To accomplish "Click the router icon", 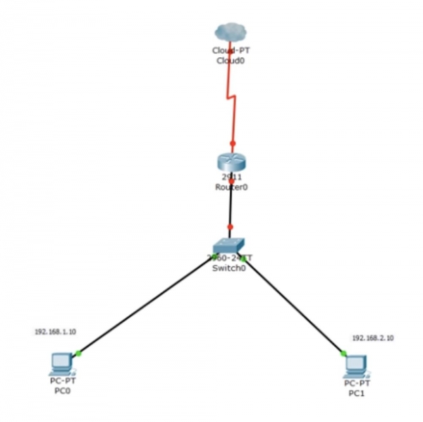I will tap(231, 161).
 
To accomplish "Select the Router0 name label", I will tap(231, 187).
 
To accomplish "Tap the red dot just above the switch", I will tap(230, 227).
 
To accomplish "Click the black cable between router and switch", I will tap(231, 208).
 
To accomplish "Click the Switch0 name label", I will tap(229, 268).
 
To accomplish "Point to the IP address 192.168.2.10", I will tap(373, 338).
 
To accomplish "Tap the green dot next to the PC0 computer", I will tap(78, 353).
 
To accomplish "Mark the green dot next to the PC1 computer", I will tap(343, 353).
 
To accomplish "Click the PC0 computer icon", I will tap(61, 364).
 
